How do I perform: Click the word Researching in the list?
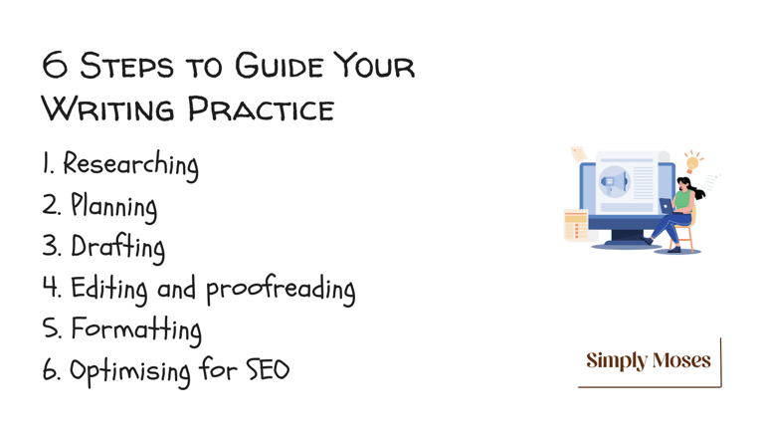(130, 165)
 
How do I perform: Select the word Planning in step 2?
(114, 207)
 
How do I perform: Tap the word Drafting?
(118, 248)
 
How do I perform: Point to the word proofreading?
(281, 290)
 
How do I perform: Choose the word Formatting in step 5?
(136, 330)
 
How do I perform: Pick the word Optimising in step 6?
(130, 372)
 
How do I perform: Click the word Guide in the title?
(280, 66)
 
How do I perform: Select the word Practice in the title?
(262, 108)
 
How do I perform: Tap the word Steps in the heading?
(126, 66)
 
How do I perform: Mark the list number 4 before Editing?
(50, 287)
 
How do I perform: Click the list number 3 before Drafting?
(50, 245)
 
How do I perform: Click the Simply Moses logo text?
(649, 361)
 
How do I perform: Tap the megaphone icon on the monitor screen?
(614, 181)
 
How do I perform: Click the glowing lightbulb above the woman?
(692, 162)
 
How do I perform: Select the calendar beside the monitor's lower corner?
(576, 225)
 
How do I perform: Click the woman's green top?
(684, 200)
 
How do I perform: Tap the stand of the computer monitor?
(627, 239)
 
